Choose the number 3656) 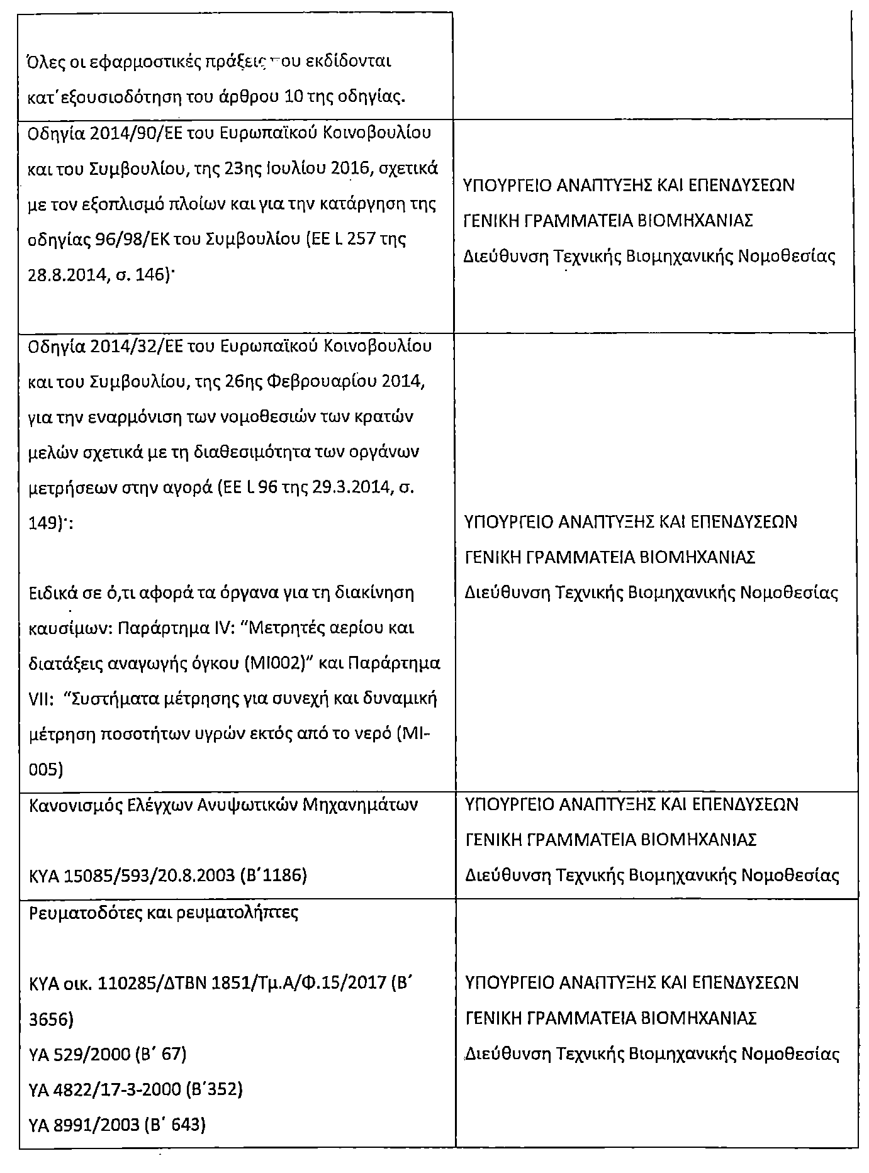pos(52,1018)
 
